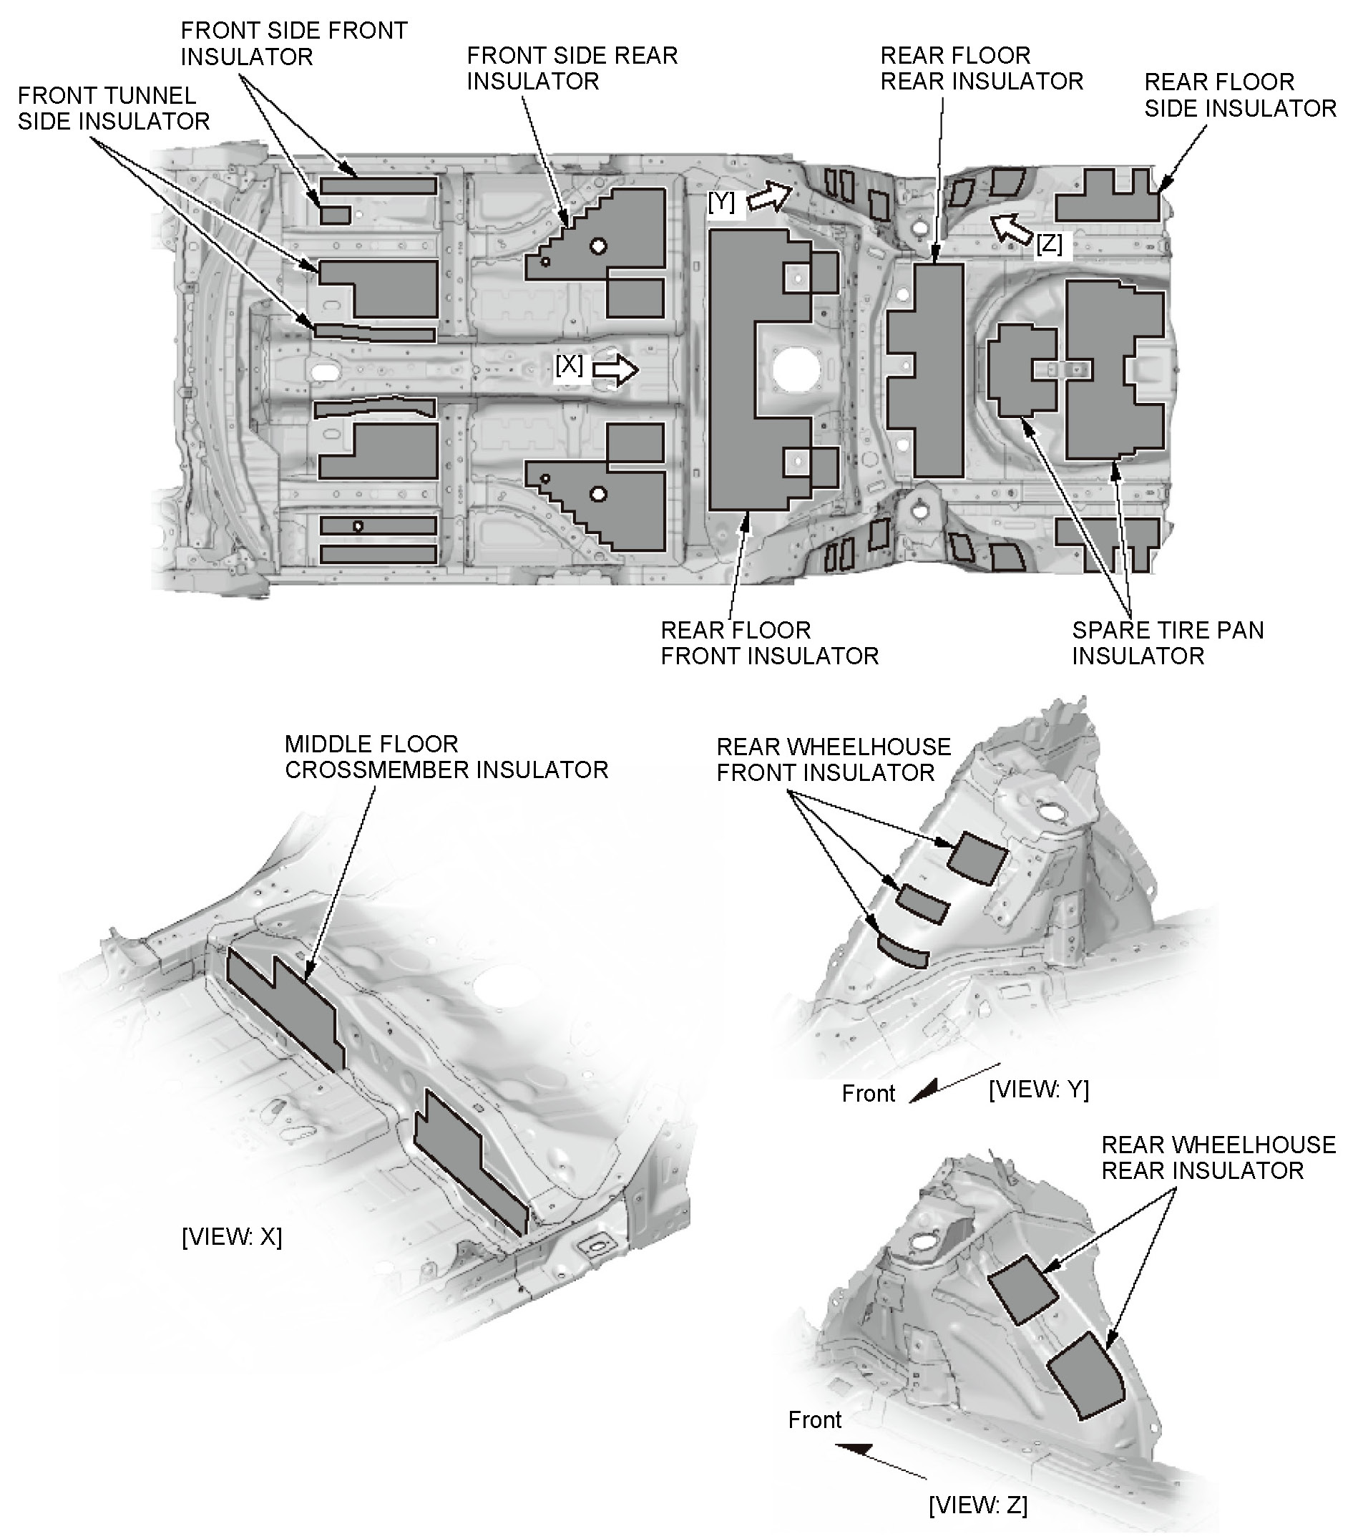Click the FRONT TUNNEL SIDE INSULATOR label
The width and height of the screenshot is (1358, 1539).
113,108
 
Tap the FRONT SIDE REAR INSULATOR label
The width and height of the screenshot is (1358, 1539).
572,68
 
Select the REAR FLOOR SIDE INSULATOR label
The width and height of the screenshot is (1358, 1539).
1240,95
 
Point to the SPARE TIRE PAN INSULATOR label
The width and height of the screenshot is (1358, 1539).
1167,642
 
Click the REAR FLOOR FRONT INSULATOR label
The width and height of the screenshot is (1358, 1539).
768,642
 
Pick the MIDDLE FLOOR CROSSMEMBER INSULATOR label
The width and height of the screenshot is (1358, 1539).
446,757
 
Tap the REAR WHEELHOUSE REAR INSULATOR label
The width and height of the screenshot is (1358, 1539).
1217,1157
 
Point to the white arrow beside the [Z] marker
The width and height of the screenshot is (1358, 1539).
1011,228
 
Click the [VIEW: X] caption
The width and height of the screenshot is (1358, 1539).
232,1237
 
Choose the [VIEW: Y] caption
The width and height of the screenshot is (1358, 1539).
1038,1089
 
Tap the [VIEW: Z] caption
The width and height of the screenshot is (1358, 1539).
977,1505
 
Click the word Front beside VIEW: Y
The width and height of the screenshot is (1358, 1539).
868,1093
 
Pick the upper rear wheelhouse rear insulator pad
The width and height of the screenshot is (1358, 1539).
1023,1289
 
